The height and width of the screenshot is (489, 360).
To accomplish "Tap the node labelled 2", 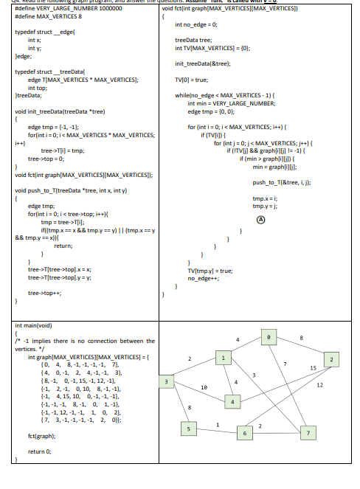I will pos(333,359).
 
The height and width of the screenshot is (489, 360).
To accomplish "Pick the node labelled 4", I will pos(233,402).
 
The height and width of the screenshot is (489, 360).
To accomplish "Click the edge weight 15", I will pos(312,367).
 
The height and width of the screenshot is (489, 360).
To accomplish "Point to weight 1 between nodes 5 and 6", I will pos(216,422).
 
